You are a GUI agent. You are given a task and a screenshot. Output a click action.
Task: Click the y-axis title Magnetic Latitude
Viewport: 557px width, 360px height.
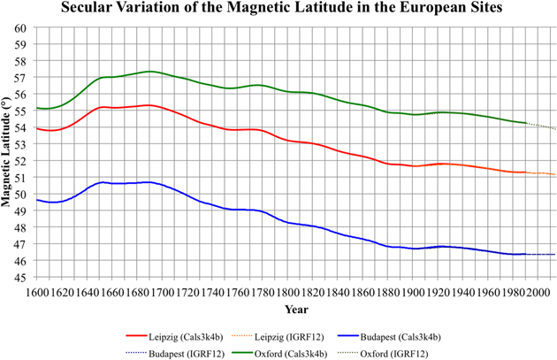coord(10,152)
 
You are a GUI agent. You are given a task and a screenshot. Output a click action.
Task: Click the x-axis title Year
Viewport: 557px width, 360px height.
coord(296,309)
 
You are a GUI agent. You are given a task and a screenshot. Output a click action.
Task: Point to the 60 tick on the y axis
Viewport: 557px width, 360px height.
coord(19,27)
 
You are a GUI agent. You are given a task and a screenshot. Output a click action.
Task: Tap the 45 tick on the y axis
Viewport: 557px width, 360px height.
coord(19,278)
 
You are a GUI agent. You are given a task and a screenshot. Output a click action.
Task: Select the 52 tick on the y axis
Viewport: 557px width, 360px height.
coord(19,161)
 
